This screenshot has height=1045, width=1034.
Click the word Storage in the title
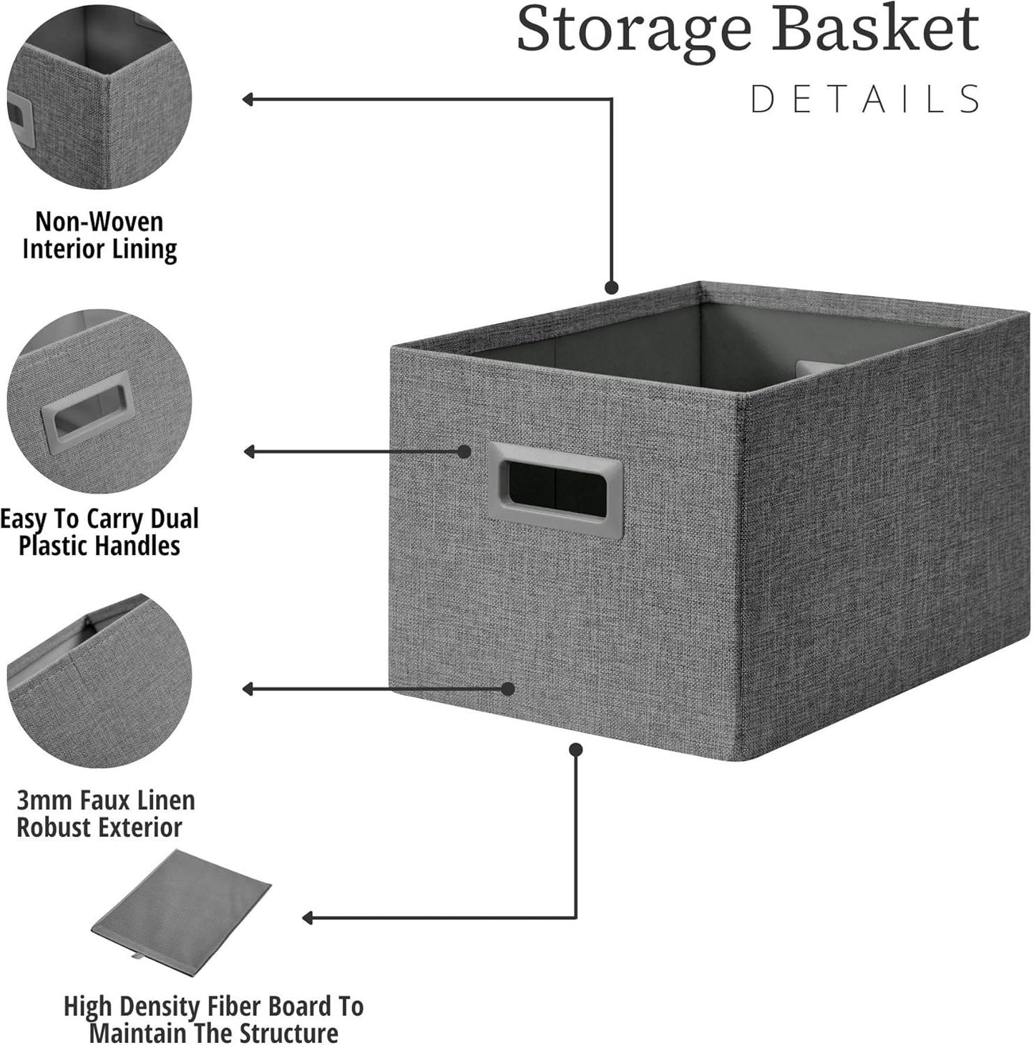[634, 30]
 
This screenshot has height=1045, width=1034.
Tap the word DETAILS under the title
[865, 99]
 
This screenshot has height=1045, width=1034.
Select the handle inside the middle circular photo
[88, 409]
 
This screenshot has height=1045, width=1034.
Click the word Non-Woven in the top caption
[99, 221]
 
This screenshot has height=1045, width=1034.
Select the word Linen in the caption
[165, 800]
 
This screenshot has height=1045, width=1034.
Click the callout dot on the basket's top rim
[611, 288]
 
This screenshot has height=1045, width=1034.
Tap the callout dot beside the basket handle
[464, 451]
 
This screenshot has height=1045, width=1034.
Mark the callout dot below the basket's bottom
[576, 749]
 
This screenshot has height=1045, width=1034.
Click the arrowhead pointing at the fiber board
[308, 918]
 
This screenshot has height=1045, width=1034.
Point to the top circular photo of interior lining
[99, 97]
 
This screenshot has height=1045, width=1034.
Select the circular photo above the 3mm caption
[99, 681]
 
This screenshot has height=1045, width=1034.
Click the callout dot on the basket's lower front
[507, 689]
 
